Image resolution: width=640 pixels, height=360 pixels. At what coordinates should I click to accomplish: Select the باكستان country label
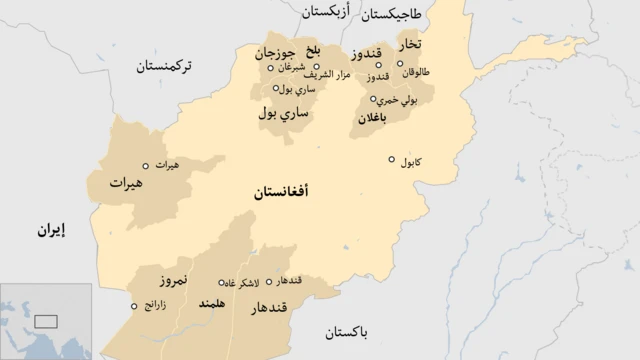[347, 330]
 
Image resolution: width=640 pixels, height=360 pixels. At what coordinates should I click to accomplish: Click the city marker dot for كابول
[393, 159]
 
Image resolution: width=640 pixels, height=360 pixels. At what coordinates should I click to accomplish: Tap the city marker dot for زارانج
[134, 307]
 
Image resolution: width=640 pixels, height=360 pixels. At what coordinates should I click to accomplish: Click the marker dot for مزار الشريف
[317, 68]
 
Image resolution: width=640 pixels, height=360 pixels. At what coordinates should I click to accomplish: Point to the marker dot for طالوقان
[400, 64]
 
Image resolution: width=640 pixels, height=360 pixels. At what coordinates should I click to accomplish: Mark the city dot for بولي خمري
[373, 99]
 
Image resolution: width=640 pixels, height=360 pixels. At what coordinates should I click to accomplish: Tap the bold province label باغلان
[370, 118]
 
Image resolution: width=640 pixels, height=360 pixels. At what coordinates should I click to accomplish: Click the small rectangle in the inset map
[45, 322]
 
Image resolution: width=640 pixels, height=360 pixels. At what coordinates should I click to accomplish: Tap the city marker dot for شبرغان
[270, 68]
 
